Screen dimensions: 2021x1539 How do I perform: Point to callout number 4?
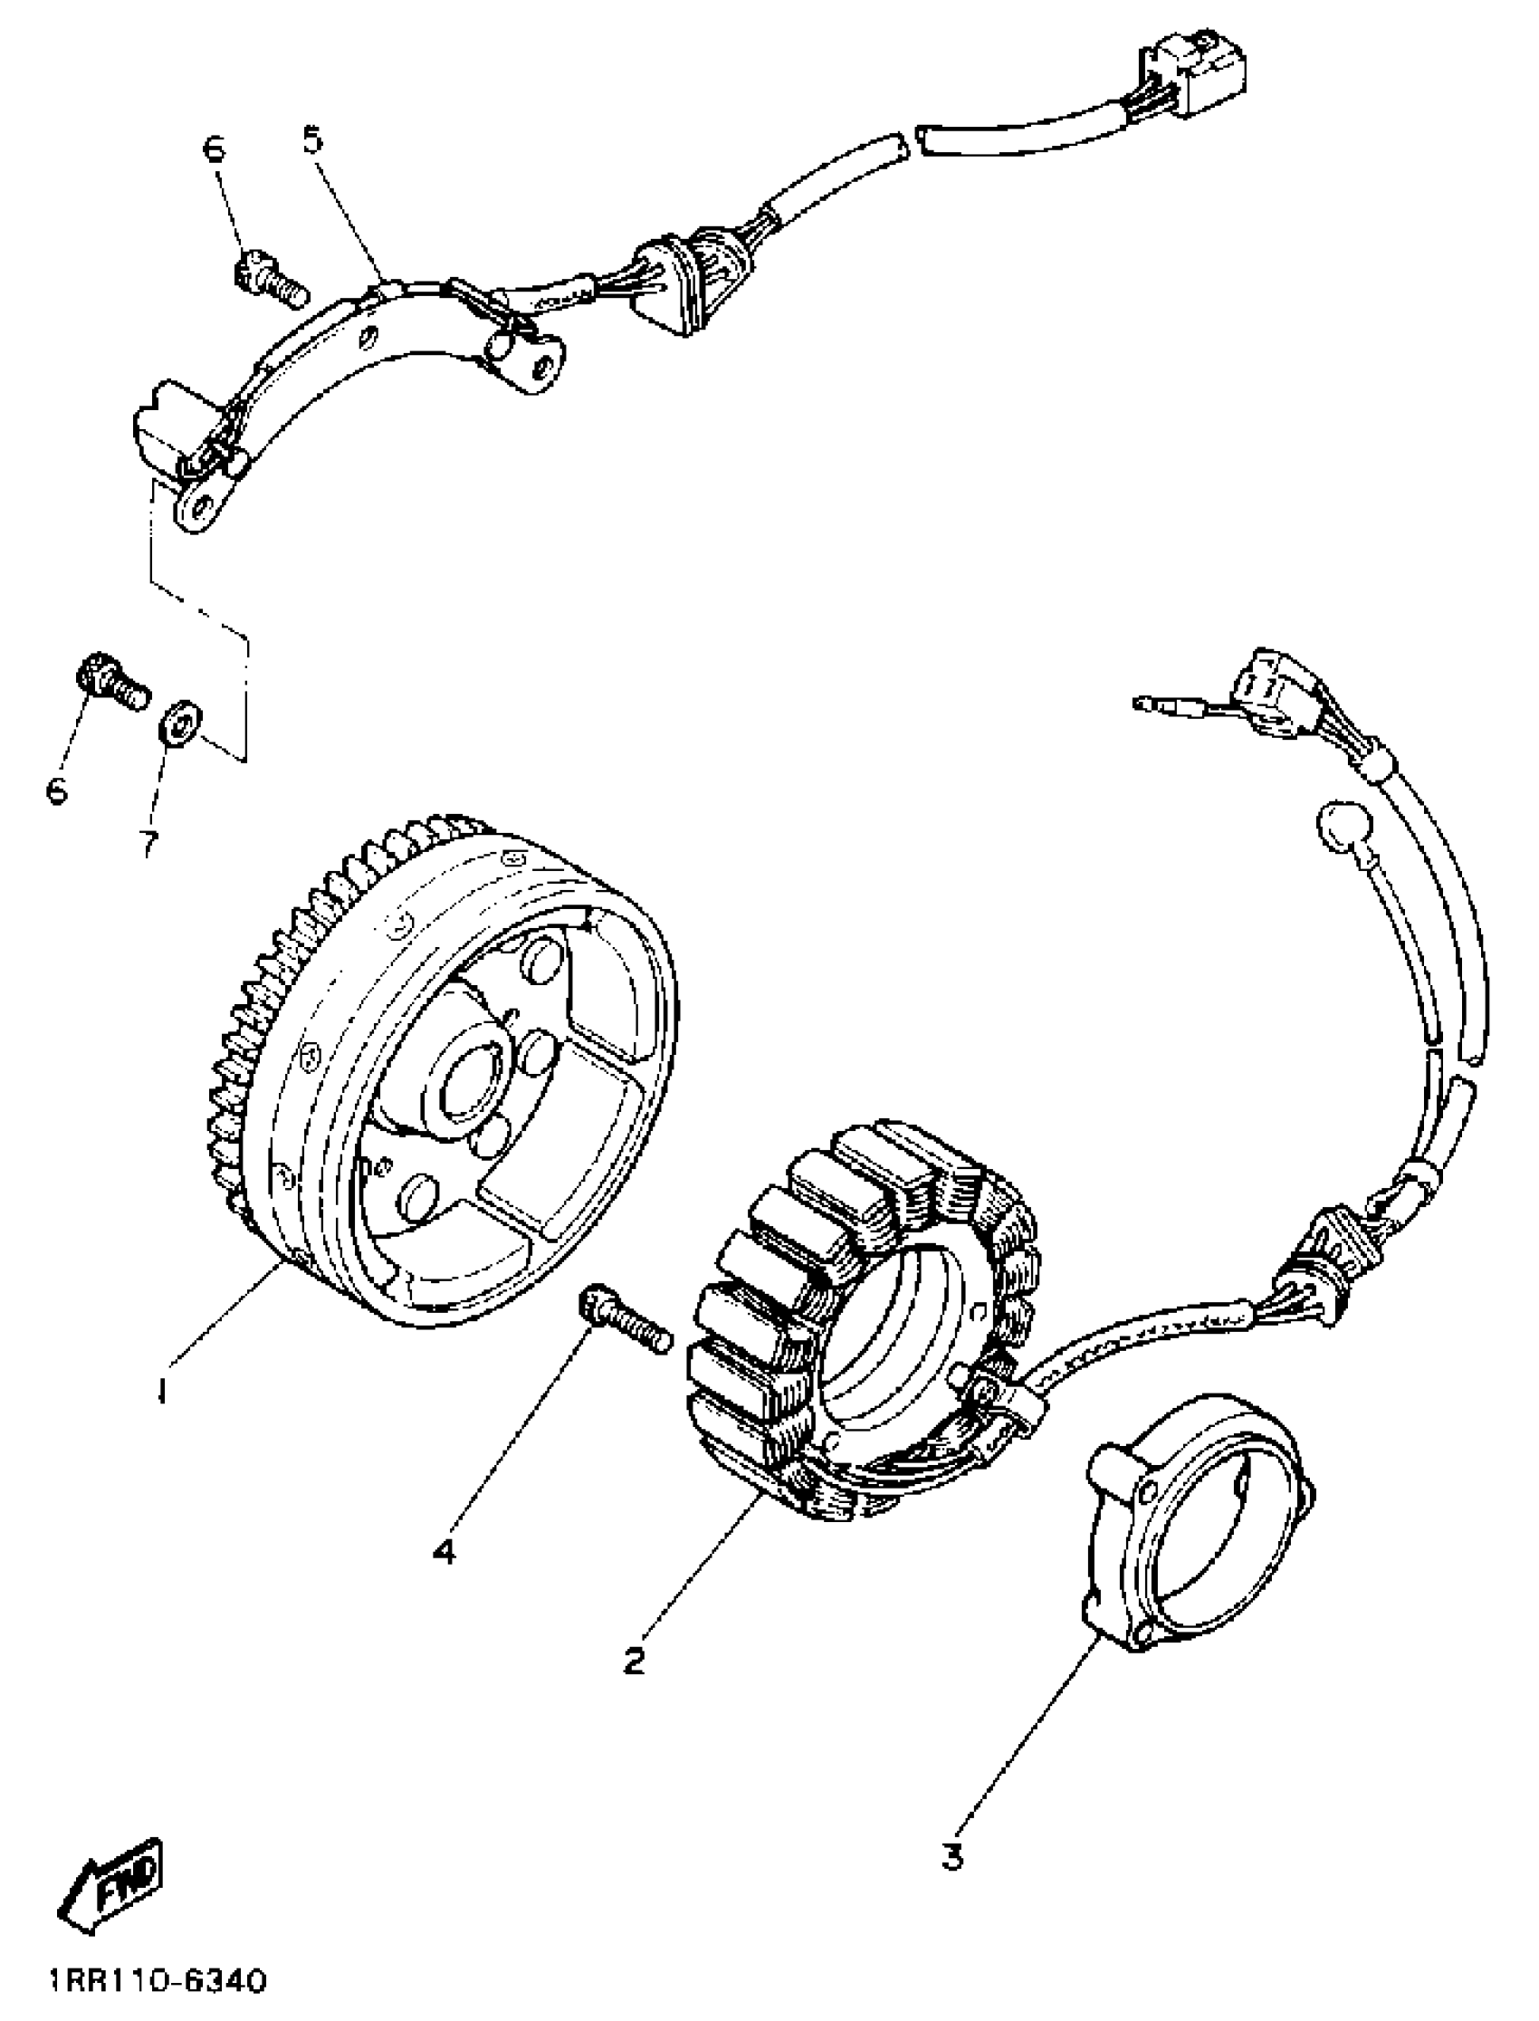pos(444,1551)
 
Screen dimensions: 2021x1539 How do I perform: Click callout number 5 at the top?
pos(312,140)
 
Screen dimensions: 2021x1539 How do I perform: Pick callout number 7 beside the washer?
pos(148,842)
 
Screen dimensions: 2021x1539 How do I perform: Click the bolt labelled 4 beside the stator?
pos(625,1318)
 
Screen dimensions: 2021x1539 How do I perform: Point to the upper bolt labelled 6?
pos(271,279)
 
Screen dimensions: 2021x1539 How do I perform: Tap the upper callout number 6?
pos(215,149)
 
